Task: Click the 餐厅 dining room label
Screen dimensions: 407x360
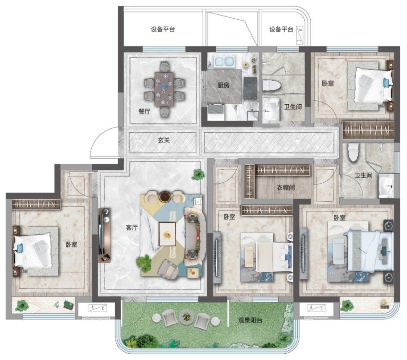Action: click(144, 111)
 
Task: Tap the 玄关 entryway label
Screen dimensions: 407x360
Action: click(164, 140)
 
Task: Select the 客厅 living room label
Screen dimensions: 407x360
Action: click(132, 228)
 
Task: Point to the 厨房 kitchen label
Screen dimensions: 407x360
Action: click(223, 85)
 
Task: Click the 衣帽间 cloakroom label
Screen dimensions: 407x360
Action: click(286, 188)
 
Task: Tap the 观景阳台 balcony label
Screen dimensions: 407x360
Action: click(250, 320)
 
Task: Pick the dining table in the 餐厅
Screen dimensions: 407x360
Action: click(164, 89)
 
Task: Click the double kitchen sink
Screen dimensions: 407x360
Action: click(224, 61)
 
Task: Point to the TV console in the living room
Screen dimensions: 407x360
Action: click(104, 235)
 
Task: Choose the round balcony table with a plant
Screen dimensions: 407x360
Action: click(186, 317)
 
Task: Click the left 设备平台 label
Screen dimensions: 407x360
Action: click(163, 29)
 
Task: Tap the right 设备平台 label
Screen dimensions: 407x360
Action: click(281, 29)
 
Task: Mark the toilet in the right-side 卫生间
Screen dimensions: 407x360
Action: click(353, 153)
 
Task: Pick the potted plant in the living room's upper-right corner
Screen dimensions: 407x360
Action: click(198, 174)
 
